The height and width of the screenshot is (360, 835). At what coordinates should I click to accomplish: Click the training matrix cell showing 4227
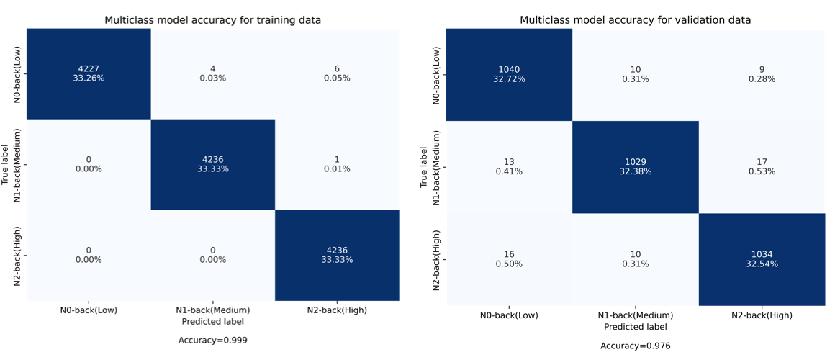[x=89, y=73]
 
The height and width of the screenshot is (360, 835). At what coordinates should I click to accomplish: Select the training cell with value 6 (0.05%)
[x=337, y=73]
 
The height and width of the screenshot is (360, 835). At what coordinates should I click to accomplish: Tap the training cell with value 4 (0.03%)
[x=213, y=73]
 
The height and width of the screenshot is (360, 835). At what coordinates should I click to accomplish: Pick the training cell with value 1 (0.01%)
[x=337, y=164]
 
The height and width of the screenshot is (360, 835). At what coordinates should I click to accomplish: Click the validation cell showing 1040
[x=510, y=74]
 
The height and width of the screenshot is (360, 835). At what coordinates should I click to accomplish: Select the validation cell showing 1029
[x=636, y=167]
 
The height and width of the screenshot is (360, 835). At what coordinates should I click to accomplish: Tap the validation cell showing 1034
[x=762, y=258]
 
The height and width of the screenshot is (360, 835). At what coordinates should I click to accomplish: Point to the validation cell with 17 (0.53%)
[x=762, y=167]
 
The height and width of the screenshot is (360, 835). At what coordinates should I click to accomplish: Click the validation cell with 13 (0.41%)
[x=510, y=167]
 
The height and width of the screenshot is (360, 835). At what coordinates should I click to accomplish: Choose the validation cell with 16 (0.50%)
[x=510, y=258]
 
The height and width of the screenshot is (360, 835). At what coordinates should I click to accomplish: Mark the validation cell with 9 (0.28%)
[x=762, y=74]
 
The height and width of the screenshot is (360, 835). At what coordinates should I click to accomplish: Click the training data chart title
[x=213, y=20]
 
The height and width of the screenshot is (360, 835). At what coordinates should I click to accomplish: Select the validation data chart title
[x=636, y=20]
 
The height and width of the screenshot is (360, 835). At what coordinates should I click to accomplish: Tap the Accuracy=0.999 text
[x=213, y=340]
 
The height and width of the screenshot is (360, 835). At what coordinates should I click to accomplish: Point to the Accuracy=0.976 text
[x=636, y=346]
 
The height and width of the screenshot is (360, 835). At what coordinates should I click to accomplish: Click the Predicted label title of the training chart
[x=213, y=321]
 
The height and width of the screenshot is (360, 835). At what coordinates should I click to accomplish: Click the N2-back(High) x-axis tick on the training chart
[x=337, y=310]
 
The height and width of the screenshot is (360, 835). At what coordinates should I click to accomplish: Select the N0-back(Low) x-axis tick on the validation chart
[x=510, y=315]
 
